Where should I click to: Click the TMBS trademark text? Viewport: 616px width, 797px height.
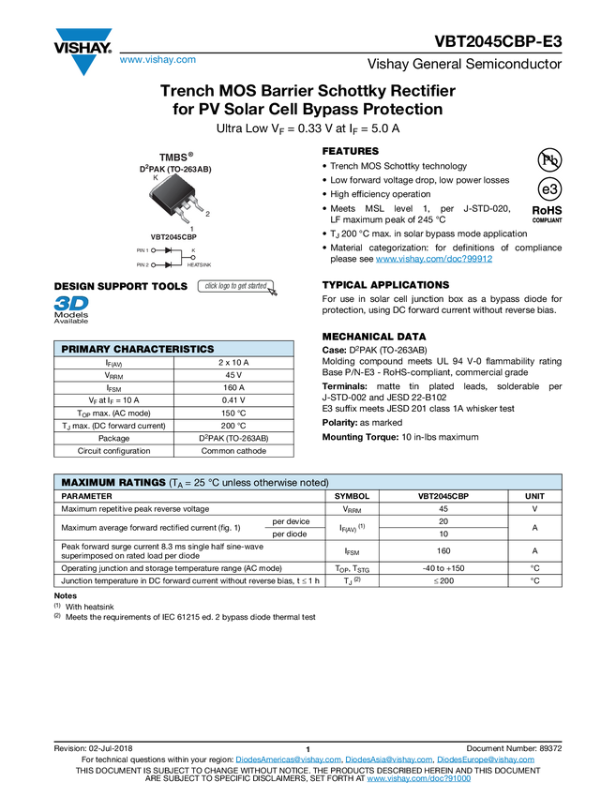click(x=173, y=156)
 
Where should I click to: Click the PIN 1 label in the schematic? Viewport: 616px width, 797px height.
click(x=143, y=251)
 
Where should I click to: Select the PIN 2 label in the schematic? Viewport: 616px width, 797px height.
click(x=143, y=265)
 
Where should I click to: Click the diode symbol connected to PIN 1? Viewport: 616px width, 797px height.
click(x=170, y=251)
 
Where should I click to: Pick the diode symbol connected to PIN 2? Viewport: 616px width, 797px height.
click(x=170, y=265)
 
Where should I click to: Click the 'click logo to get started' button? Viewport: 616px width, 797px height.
click(x=237, y=286)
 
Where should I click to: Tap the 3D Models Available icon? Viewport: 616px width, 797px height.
click(x=70, y=309)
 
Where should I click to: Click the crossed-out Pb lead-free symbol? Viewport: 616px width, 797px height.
click(x=548, y=159)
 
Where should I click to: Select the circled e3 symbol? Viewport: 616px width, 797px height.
click(x=548, y=188)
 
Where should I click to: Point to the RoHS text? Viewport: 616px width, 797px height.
click(x=548, y=211)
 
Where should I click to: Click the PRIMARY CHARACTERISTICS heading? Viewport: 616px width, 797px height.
click(x=137, y=349)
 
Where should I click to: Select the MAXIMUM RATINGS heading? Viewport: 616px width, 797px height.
click(x=113, y=482)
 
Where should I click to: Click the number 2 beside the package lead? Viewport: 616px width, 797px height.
click(x=206, y=214)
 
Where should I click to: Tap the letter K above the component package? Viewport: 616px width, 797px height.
click(x=156, y=177)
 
